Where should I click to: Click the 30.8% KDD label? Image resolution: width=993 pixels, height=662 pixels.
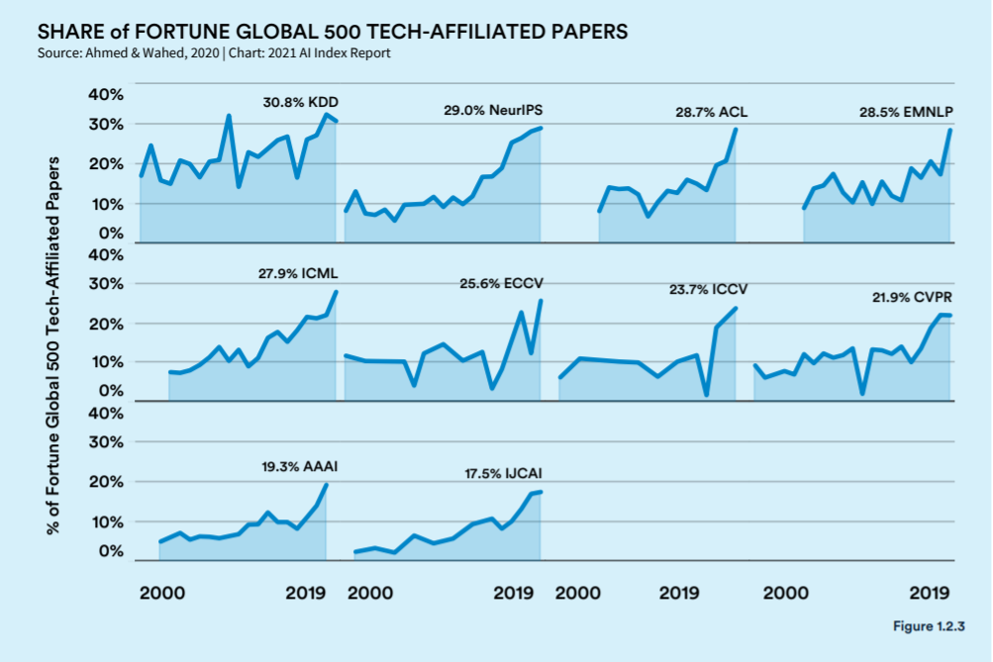[301, 103]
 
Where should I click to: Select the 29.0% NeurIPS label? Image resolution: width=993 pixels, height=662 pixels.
[493, 111]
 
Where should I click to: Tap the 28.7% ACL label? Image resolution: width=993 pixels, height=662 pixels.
[711, 113]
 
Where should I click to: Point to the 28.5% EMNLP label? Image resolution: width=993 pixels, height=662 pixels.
[906, 113]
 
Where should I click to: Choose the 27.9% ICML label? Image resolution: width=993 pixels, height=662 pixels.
[298, 274]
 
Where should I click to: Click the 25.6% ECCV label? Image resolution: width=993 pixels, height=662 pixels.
[501, 284]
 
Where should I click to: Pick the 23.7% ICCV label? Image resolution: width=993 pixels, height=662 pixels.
[708, 290]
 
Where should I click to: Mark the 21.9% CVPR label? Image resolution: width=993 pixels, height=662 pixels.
[912, 298]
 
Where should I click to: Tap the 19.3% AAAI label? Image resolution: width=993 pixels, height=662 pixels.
[300, 467]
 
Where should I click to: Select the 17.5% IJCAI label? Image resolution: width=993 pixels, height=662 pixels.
[503, 474]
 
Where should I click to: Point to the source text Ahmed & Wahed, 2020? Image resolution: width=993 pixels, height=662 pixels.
[152, 53]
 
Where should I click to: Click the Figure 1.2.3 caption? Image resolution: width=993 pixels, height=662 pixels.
[929, 626]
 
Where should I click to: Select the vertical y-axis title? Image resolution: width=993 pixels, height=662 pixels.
[53, 345]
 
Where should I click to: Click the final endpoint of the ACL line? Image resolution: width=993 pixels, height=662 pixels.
[736, 129]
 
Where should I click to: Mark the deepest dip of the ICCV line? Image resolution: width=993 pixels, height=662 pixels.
[706, 395]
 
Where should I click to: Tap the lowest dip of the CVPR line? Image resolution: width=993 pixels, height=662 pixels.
[862, 393]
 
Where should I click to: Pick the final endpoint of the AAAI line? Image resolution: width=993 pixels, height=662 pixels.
[326, 485]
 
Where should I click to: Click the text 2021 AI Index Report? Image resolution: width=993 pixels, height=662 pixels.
[329, 53]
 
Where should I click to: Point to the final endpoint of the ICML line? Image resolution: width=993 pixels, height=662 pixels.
[336, 292]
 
